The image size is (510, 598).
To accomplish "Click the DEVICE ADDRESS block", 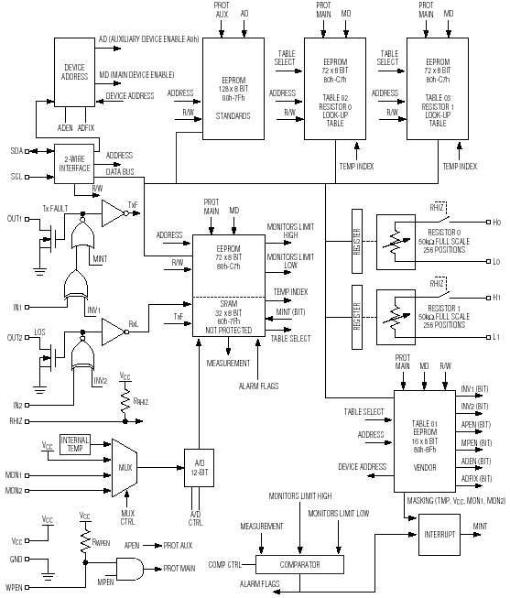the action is [x=74, y=72].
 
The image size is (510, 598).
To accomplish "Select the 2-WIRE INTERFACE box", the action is [x=74, y=164].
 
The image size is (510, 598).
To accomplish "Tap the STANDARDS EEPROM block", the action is [x=233, y=89].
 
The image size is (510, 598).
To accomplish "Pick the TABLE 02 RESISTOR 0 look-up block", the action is [x=335, y=89].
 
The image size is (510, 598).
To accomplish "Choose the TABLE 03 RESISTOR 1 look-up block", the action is [x=438, y=89].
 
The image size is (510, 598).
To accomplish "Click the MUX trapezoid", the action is [x=125, y=468].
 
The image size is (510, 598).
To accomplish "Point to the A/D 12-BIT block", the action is [x=199, y=468].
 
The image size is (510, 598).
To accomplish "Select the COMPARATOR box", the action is [x=299, y=564].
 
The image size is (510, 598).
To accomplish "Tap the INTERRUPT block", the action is [x=439, y=534].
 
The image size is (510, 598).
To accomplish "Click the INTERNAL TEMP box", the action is [x=75, y=444].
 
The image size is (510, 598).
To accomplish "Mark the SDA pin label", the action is [x=16, y=151].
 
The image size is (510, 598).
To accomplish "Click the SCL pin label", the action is [x=16, y=177].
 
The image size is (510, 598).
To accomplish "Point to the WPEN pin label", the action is [x=14, y=587].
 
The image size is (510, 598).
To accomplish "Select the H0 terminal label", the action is [x=496, y=222].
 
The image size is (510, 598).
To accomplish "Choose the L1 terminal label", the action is [x=496, y=337].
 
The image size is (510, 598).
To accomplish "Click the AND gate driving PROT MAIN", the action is [x=130, y=569].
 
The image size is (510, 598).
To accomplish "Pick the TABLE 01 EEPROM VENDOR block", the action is [x=425, y=440].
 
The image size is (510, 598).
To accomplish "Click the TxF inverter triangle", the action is [x=114, y=213].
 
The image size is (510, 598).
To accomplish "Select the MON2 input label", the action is [x=14, y=491].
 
